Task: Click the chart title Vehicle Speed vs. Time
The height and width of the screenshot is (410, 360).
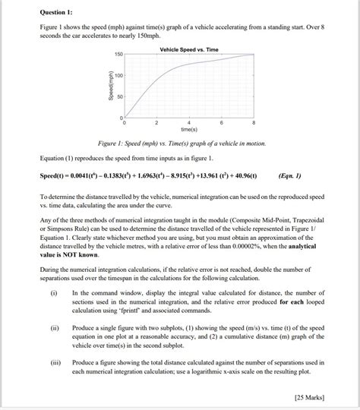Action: pos(189,49)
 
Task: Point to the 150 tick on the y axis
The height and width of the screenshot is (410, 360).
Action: pos(118,55)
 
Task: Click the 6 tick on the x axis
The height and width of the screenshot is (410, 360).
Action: pos(221,124)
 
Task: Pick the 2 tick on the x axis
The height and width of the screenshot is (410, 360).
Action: pos(156,124)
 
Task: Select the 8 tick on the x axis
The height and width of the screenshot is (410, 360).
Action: pos(254,124)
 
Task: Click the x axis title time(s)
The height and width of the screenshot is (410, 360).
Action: pos(189,131)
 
